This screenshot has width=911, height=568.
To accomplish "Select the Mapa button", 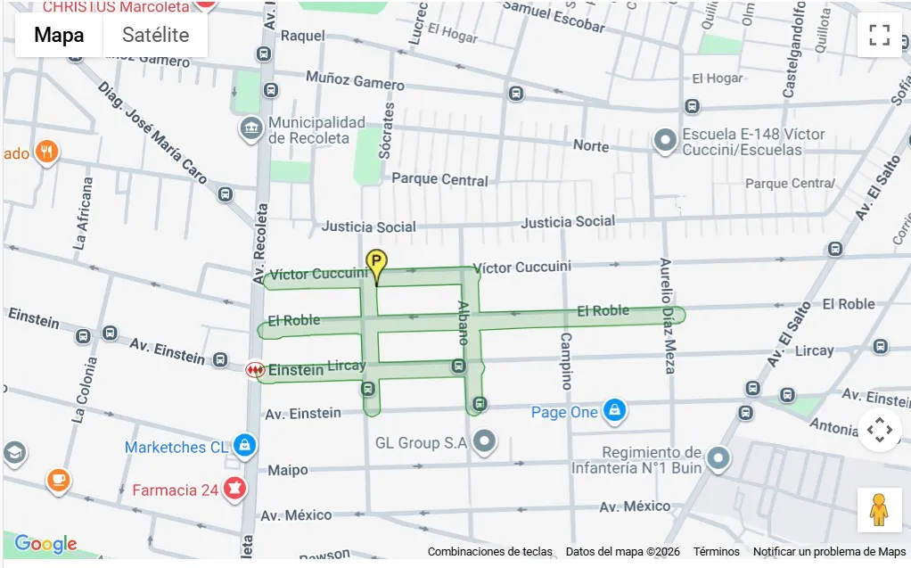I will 59,35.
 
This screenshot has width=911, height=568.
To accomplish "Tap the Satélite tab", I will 155,35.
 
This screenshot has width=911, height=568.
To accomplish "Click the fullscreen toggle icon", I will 879,35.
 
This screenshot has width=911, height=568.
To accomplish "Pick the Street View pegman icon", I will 879,510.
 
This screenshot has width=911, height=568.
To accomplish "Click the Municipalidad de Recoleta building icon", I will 251,129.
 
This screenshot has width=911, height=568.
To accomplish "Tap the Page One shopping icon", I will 613,411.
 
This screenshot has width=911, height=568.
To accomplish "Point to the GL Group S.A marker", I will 484,440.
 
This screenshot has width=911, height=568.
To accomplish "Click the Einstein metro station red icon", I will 255,368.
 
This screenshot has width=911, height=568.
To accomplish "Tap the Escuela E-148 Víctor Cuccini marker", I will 664,141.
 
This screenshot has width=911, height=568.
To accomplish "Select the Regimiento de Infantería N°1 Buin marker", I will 718,459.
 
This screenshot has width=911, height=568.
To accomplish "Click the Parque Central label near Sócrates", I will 439,179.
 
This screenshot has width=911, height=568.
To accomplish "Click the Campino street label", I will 566,361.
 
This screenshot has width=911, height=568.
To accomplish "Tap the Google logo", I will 45,544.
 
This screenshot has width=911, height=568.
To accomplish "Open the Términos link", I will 716,552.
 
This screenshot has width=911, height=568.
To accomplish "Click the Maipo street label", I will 288,469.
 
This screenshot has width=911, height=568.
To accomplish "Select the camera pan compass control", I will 879,431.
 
